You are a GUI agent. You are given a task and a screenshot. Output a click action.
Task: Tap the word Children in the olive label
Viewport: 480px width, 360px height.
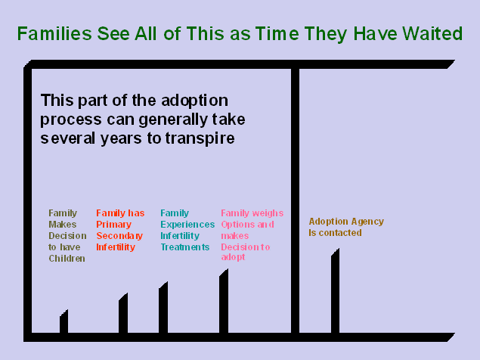[x=67, y=259]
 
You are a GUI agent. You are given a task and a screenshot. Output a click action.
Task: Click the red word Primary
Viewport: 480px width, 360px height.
[x=113, y=225]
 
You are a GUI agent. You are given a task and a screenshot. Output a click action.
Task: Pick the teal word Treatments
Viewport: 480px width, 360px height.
[x=184, y=247]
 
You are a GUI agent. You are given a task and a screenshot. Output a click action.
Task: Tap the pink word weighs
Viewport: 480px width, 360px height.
[x=268, y=213]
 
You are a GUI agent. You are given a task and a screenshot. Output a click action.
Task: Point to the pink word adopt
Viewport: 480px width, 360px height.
[x=233, y=259]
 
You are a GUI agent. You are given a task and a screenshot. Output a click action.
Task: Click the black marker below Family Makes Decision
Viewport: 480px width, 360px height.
[x=64, y=321]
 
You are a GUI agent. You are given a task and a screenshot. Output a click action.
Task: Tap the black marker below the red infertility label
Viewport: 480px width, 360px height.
[x=123, y=314]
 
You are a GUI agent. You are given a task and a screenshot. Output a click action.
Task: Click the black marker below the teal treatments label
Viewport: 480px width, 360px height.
[x=163, y=308]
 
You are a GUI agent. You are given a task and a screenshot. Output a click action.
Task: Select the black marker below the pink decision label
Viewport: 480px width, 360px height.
[x=224, y=301]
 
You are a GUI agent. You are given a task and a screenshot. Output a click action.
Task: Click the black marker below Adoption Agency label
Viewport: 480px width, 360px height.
[x=335, y=291]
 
